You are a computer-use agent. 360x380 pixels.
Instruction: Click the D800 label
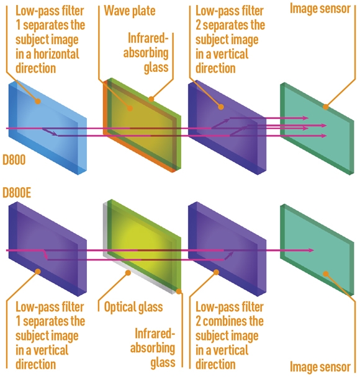[x=14, y=160]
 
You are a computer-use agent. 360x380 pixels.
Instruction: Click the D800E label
[x=17, y=193]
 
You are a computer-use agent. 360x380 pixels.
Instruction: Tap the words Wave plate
[x=130, y=11]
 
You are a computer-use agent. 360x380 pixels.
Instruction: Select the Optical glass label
[x=133, y=307]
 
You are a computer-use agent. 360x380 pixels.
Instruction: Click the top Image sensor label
[x=320, y=9]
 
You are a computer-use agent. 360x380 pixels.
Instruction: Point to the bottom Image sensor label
[x=320, y=366]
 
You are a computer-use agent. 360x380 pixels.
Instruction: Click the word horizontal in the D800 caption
[x=56, y=54]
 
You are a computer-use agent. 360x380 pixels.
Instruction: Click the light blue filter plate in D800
[x=48, y=128]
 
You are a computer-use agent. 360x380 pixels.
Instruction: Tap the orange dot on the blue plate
[x=38, y=101]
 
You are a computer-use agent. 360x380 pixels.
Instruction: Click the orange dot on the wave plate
[x=130, y=108]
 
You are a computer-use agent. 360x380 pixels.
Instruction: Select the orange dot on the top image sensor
[x=326, y=107]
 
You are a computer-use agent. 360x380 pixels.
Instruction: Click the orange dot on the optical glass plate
[x=128, y=273]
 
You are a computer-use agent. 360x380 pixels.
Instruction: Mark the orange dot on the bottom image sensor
[x=326, y=274]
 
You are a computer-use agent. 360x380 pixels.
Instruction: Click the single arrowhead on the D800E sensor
[x=311, y=250]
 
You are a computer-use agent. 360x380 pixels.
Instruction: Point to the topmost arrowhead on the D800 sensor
[x=305, y=118]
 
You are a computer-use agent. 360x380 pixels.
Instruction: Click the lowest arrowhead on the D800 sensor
[x=323, y=136]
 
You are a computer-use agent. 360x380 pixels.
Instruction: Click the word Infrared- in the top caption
[x=148, y=38]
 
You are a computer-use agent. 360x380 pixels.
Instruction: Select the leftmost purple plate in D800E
[x=48, y=249]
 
